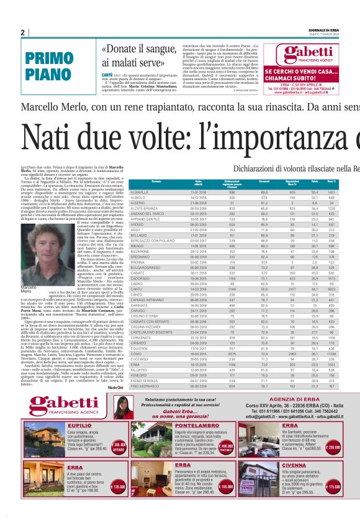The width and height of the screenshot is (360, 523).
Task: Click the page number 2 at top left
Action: tap(23, 32)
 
